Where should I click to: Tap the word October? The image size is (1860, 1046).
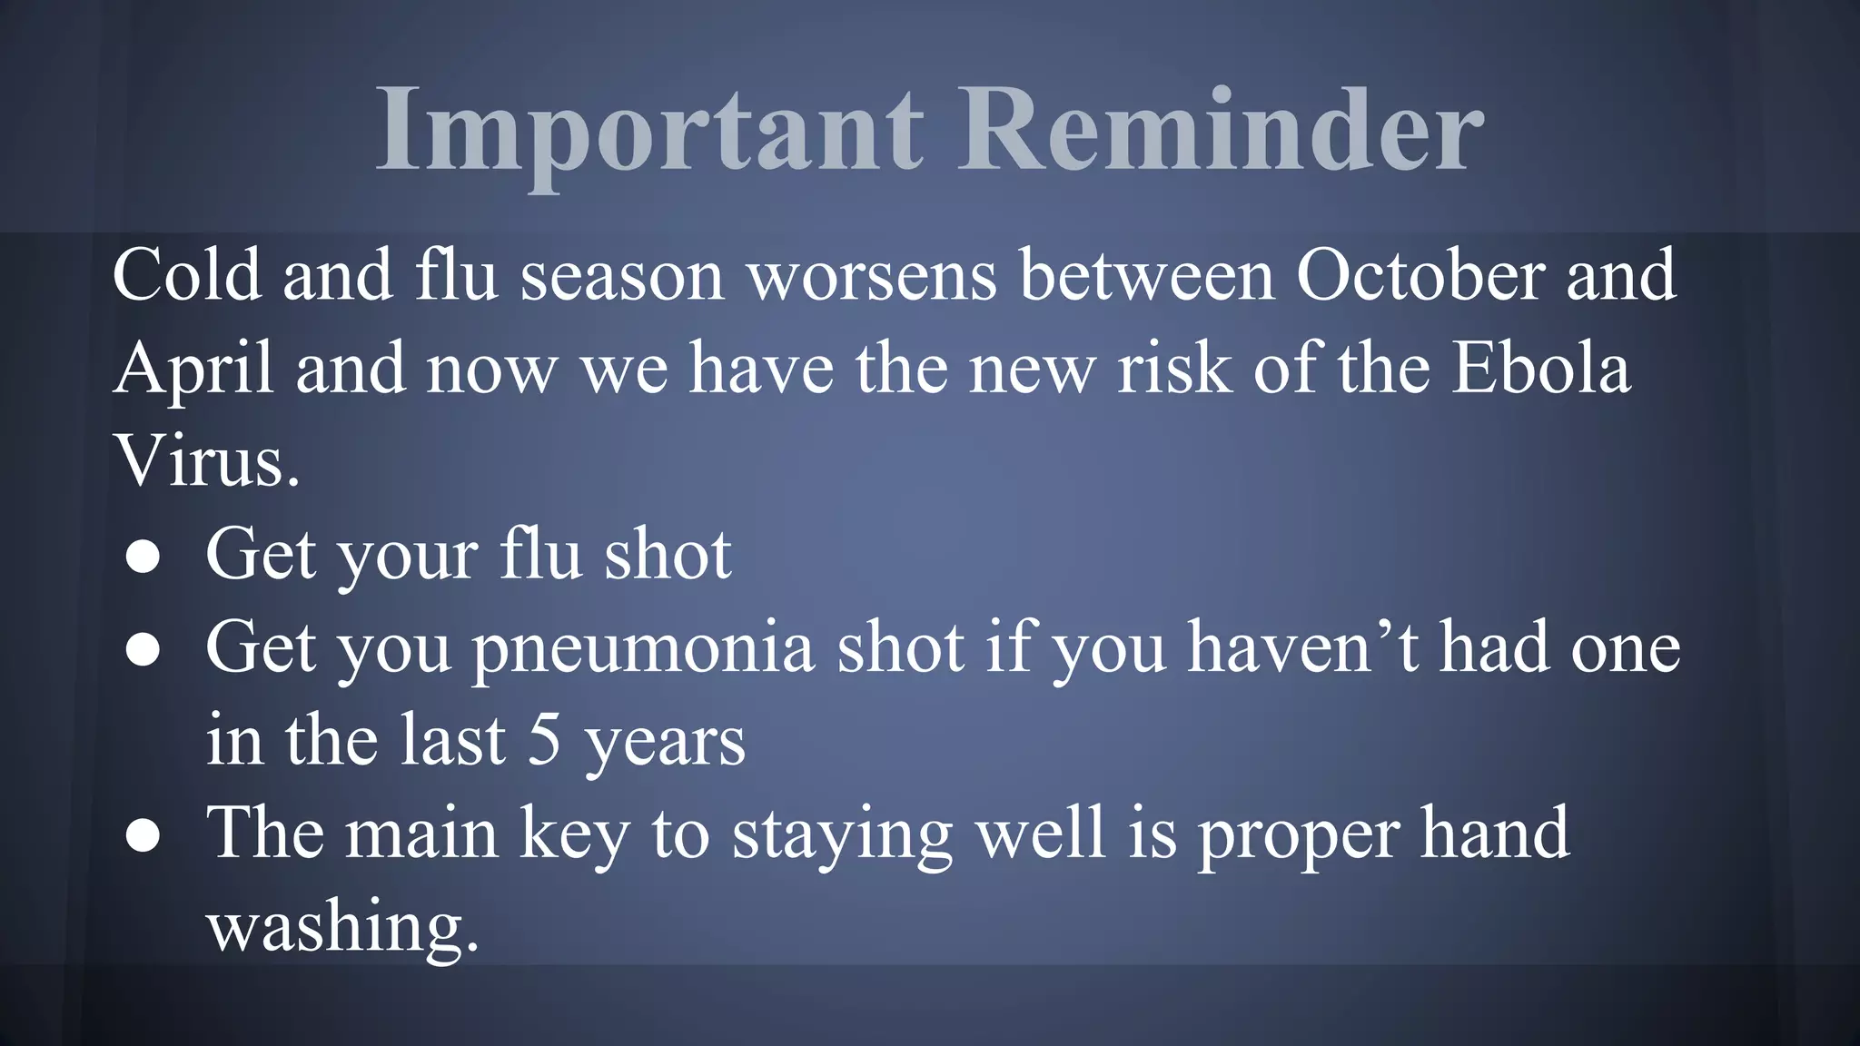pos(1420,275)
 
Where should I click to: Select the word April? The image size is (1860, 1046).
pos(193,370)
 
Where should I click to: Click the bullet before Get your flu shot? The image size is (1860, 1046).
pos(143,558)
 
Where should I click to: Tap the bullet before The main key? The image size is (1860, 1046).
pos(143,836)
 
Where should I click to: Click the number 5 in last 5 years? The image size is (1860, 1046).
pos(544,741)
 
